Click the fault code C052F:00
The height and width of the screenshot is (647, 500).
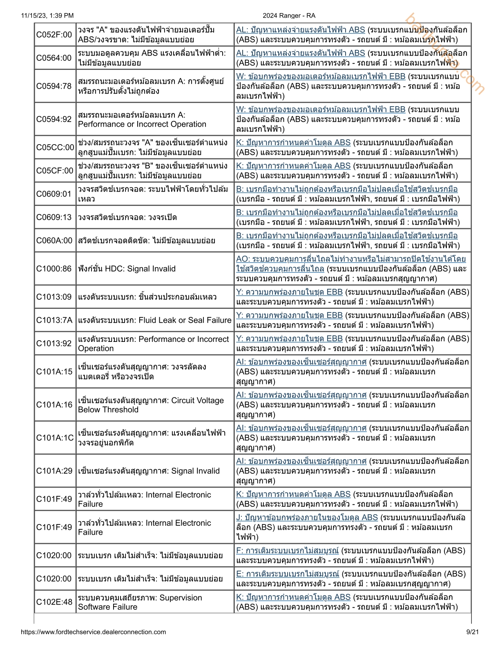[x=54, y=35]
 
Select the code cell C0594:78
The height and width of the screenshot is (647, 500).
[x=54, y=86]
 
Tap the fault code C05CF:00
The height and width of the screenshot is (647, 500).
[x=55, y=171]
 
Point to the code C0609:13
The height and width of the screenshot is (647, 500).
[x=54, y=217]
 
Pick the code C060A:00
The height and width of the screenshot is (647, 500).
[x=54, y=241]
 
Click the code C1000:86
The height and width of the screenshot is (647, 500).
[x=54, y=269]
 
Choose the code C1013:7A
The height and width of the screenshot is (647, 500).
[x=54, y=320]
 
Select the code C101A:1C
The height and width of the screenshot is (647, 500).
[x=55, y=438]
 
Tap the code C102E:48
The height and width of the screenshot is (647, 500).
[x=54, y=602]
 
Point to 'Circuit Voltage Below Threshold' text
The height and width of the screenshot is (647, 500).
[x=151, y=405]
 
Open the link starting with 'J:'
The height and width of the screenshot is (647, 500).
[x=307, y=518]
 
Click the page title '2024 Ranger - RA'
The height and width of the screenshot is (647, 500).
[x=289, y=16]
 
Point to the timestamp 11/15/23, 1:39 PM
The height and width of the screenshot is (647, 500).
[x=47, y=16]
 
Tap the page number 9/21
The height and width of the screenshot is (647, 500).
[x=472, y=632]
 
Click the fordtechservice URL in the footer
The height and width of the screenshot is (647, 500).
[x=93, y=632]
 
